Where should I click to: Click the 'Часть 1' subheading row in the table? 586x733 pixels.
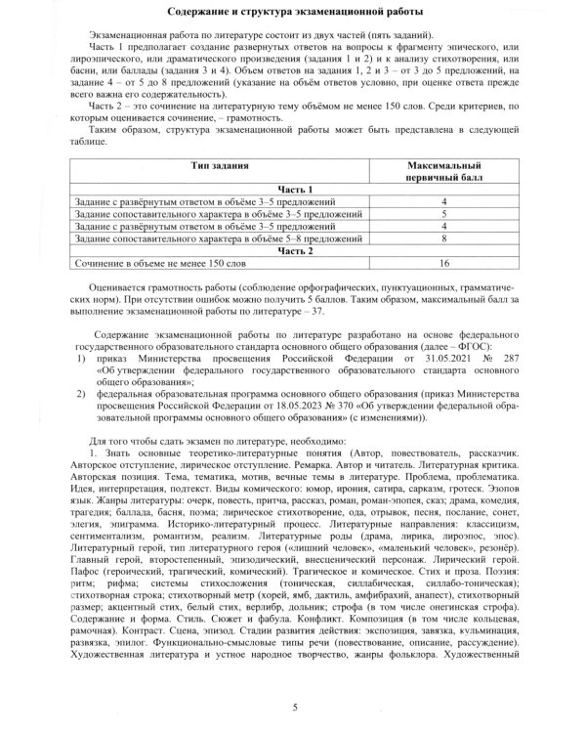[293, 190]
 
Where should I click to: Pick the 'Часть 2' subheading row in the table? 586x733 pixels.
[293, 249]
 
